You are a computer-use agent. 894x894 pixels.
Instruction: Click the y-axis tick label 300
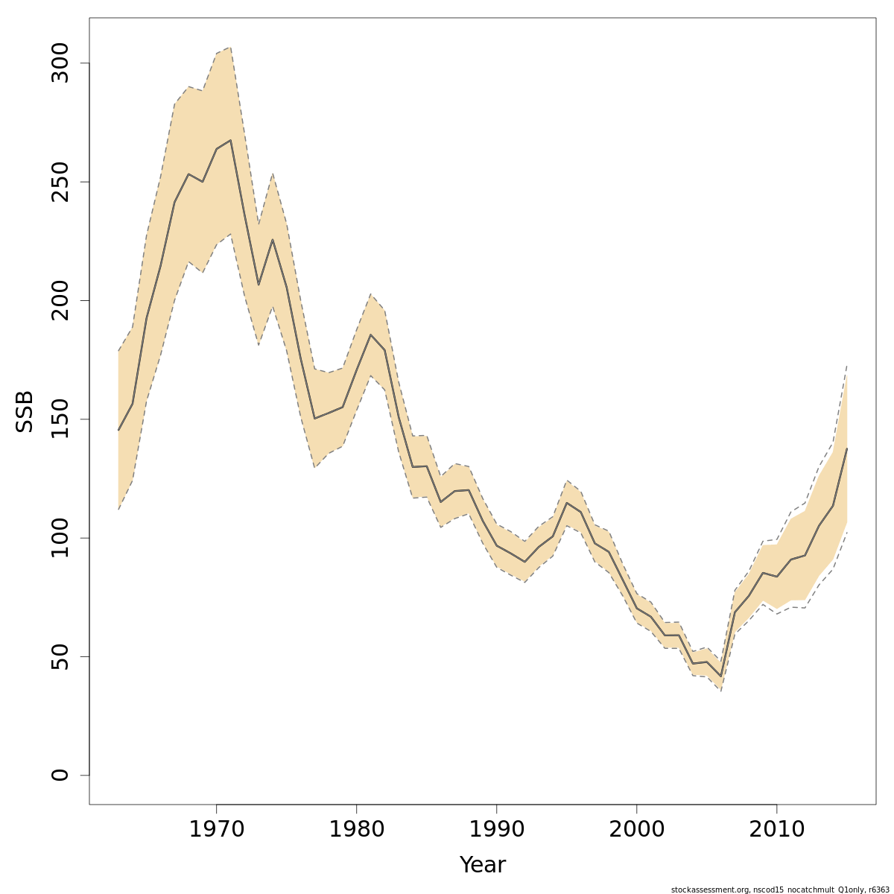[60, 63]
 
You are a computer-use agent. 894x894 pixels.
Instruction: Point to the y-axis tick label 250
[60, 182]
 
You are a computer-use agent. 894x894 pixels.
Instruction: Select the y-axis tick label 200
[60, 300]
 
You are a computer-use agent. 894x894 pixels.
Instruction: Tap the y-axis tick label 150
[60, 419]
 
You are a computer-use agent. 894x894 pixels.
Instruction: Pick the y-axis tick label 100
[60, 538]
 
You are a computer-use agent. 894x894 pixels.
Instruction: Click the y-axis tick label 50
[60, 656]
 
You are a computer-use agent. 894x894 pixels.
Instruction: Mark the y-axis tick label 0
[60, 775]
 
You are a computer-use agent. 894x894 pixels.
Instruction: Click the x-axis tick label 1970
[216, 829]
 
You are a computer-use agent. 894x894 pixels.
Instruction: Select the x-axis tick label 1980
[356, 829]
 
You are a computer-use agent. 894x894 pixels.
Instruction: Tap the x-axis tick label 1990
[496, 829]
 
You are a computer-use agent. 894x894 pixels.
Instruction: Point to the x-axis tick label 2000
[636, 829]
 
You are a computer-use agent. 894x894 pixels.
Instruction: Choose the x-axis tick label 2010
[777, 829]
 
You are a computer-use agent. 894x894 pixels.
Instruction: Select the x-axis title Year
[482, 865]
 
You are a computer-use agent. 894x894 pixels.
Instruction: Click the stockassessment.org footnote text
[780, 890]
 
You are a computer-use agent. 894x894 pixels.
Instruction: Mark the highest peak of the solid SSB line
[230, 140]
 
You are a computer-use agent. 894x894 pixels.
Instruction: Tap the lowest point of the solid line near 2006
[720, 676]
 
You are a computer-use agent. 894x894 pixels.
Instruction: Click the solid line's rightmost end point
[847, 448]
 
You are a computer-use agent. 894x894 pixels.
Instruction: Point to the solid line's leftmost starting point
[118, 430]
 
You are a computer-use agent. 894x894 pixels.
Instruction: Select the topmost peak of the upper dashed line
[230, 48]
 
